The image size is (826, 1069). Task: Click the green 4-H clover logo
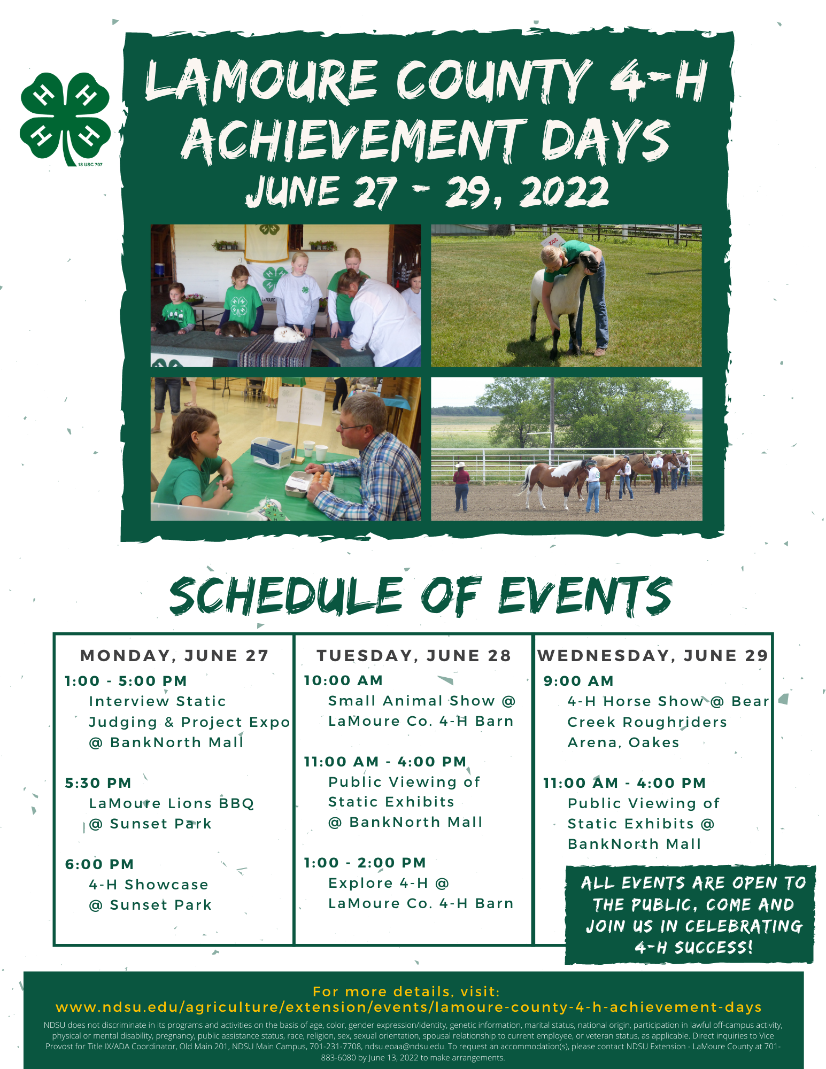click(x=65, y=119)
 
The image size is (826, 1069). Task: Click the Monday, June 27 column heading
click(x=174, y=655)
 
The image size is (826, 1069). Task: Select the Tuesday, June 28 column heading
click(x=414, y=655)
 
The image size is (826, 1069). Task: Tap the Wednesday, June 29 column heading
click(x=653, y=655)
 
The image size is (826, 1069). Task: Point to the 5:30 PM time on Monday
click(x=98, y=783)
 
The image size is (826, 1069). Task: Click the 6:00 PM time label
click(x=99, y=864)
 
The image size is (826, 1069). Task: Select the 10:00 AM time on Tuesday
click(x=343, y=680)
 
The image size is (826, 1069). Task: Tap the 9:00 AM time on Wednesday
click(x=578, y=681)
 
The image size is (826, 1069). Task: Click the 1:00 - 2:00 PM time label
click(x=365, y=863)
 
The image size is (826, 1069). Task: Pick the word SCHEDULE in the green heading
click(x=286, y=595)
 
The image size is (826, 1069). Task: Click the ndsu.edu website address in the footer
click(x=408, y=1008)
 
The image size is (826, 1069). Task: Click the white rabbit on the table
click(x=289, y=334)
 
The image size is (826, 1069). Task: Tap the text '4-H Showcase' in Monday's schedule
click(x=149, y=885)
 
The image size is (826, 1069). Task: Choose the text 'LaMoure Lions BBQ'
click(x=172, y=803)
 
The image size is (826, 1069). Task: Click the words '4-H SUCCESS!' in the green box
click(x=694, y=948)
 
